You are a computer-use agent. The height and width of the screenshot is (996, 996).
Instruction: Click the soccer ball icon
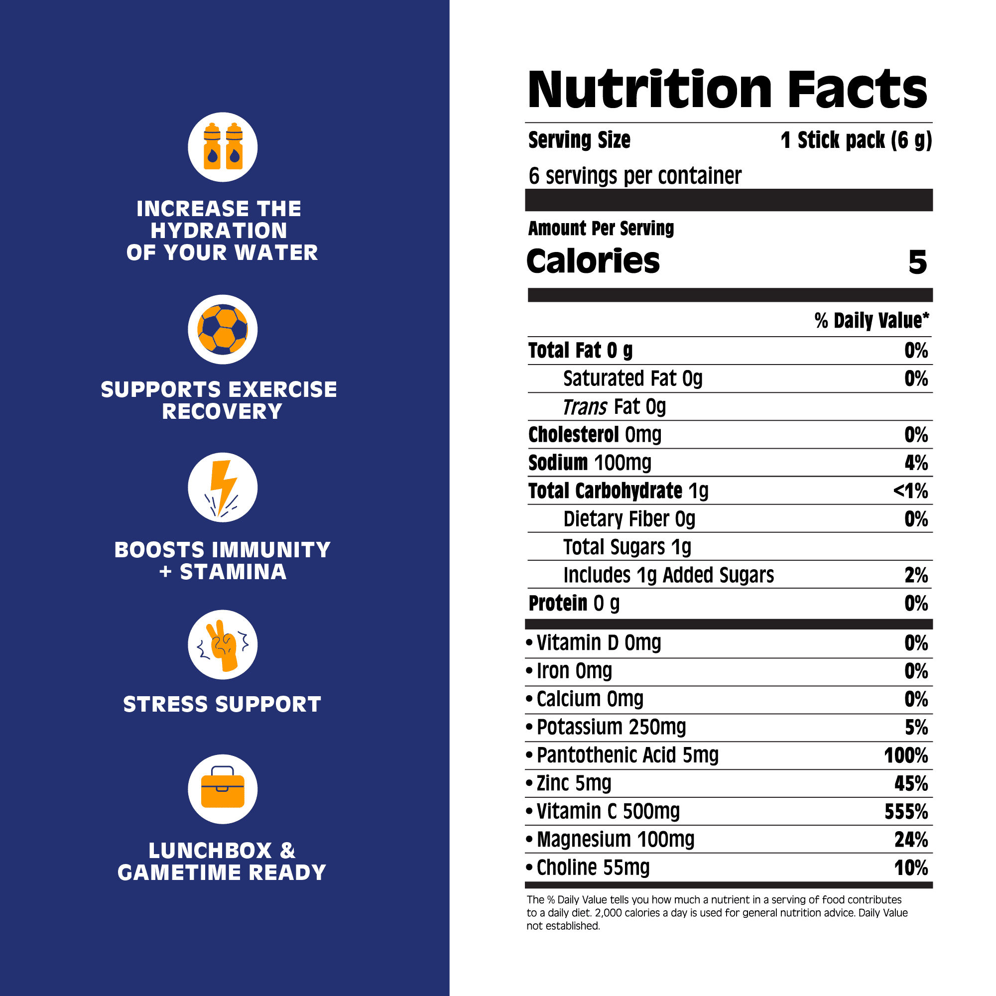pyautogui.click(x=223, y=329)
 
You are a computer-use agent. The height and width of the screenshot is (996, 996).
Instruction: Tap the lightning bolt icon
pyautogui.click(x=223, y=487)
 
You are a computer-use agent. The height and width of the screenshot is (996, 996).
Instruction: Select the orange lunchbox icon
pyautogui.click(x=223, y=789)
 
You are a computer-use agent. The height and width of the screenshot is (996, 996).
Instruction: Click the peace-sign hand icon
pyautogui.click(x=223, y=644)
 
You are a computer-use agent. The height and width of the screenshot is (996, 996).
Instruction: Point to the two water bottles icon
pyautogui.click(x=223, y=147)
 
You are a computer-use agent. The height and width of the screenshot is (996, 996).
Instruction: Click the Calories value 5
pyautogui.click(x=917, y=262)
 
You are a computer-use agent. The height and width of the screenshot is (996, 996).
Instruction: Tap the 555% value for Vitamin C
pyautogui.click(x=906, y=812)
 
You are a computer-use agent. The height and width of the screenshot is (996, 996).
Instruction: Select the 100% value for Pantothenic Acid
pyautogui.click(x=906, y=756)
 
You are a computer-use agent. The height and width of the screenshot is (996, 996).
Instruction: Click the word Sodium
pyautogui.click(x=558, y=463)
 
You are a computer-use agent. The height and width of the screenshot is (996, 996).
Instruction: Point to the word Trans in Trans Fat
pyautogui.click(x=585, y=407)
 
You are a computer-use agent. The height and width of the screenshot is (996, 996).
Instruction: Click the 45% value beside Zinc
pyautogui.click(x=911, y=783)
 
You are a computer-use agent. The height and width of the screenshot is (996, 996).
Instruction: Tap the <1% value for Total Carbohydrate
pyautogui.click(x=910, y=491)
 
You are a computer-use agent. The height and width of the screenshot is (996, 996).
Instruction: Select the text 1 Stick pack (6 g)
pyautogui.click(x=856, y=140)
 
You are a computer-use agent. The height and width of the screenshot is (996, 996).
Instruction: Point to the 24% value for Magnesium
pyautogui.click(x=911, y=840)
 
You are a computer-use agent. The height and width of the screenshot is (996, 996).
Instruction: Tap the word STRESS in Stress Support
pyautogui.click(x=163, y=704)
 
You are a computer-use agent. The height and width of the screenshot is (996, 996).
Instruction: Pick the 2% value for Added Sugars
pyautogui.click(x=916, y=575)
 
